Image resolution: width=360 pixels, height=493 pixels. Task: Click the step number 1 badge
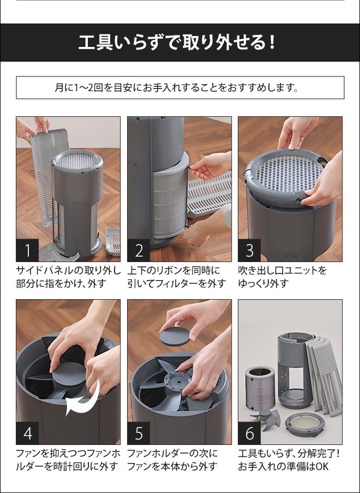coord(28,251)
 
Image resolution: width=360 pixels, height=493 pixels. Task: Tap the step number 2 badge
coord(139,251)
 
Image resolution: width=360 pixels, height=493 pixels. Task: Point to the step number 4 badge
coord(28,433)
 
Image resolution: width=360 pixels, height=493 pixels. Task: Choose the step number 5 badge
coord(139,433)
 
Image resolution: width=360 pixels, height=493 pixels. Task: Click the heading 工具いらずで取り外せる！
coord(180,43)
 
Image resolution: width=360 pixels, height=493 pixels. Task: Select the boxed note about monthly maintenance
coord(180,87)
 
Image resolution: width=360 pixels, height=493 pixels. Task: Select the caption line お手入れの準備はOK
coord(284,467)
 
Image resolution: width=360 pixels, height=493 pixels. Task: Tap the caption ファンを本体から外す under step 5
coord(172,467)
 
